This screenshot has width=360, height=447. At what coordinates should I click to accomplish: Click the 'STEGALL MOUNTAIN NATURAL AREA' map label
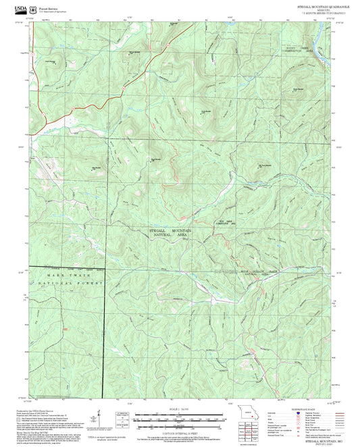[170, 233]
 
